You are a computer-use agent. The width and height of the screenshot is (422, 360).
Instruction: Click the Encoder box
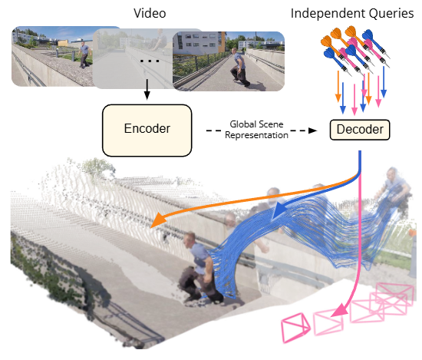click(147, 130)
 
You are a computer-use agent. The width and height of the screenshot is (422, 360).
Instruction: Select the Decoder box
click(360, 130)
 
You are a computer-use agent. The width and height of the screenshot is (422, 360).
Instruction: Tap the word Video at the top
click(150, 13)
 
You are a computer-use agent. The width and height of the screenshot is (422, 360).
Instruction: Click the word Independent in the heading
click(328, 13)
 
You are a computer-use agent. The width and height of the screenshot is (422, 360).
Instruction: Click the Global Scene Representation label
click(256, 130)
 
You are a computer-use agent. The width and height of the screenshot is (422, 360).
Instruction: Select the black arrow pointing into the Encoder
click(147, 89)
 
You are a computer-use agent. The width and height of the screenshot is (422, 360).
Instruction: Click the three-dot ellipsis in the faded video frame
click(150, 61)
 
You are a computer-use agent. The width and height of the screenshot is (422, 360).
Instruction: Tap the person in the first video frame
click(84, 54)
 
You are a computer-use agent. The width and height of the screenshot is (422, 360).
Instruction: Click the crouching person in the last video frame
click(239, 67)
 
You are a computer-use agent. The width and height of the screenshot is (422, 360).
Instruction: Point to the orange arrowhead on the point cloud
click(158, 220)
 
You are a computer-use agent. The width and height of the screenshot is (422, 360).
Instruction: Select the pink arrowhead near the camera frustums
click(339, 310)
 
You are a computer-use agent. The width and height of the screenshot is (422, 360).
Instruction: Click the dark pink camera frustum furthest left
click(295, 328)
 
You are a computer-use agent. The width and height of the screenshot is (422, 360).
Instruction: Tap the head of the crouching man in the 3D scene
click(190, 240)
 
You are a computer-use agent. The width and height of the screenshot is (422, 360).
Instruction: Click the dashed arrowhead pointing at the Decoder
click(312, 130)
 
